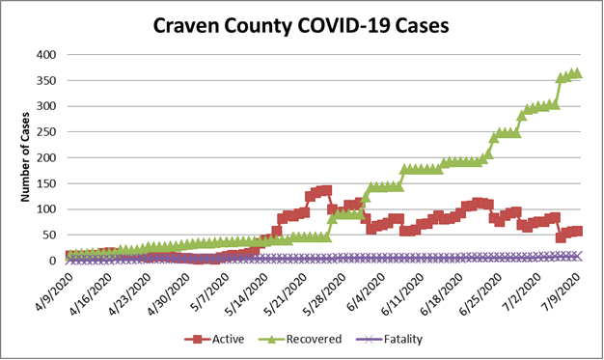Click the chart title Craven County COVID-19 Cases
tap(301, 26)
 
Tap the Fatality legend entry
tap(391, 339)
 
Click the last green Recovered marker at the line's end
tap(576, 73)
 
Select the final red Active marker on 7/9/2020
tap(577, 231)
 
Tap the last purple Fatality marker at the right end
tap(577, 256)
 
